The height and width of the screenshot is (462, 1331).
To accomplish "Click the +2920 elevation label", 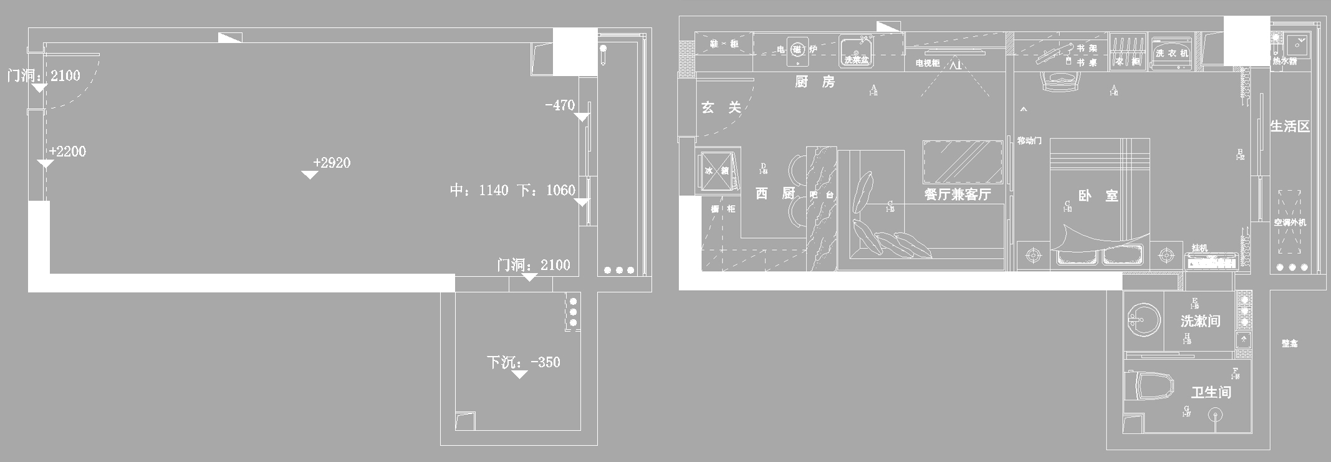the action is click(332, 163).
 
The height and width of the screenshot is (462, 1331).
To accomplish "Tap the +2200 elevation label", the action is click(67, 152).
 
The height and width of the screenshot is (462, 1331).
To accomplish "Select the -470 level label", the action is click(560, 105).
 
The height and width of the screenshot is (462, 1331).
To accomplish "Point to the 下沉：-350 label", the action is click(524, 362).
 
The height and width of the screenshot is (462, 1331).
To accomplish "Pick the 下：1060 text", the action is click(546, 190).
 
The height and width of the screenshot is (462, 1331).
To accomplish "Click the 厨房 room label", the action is click(815, 82).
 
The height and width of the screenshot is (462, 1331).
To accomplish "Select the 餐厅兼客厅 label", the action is click(958, 195).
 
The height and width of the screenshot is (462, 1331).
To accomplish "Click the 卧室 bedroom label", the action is click(1098, 196).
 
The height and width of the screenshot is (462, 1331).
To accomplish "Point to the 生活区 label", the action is click(1290, 127).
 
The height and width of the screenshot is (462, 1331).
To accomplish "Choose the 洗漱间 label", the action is click(1200, 321).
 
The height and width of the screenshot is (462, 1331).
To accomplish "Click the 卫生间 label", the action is click(1211, 392).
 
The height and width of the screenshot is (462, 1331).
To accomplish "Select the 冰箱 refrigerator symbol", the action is click(717, 170).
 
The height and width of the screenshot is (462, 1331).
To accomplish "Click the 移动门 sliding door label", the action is click(1029, 140).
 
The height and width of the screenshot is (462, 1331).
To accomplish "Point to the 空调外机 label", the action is click(1290, 223).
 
